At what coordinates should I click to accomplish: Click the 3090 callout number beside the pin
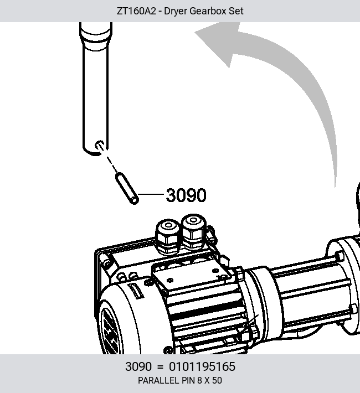[186, 195]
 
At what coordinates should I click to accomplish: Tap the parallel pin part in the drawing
[127, 189]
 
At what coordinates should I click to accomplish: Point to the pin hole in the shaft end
[100, 146]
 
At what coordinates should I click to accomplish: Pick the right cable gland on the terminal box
[193, 232]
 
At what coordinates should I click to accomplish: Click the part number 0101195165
[202, 366]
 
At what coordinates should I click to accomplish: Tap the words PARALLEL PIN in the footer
[167, 380]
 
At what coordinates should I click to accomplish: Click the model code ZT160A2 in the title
[136, 11]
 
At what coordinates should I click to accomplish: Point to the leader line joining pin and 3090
[151, 194]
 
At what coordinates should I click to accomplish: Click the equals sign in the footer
[160, 366]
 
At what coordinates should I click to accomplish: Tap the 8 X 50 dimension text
[209, 380]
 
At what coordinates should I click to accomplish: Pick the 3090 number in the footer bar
[138, 366]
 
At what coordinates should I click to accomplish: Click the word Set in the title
[236, 11]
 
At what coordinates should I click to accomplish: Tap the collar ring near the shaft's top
[96, 35]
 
